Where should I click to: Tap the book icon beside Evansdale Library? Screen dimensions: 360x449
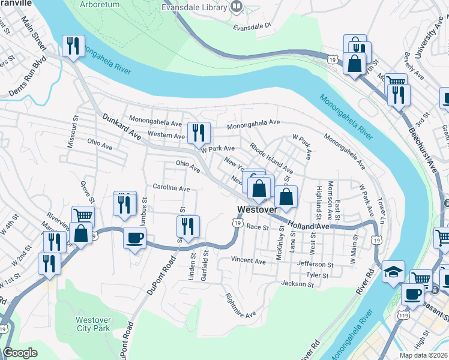pos(237,7)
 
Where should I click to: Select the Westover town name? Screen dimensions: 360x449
pos(257,210)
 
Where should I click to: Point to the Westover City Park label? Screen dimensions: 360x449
pos(92,323)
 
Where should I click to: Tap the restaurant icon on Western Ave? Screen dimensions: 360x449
pos(199,133)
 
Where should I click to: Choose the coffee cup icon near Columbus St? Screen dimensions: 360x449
pos(134,237)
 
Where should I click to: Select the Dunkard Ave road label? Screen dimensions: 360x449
pos(122,128)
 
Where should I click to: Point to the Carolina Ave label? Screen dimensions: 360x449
pos(171,188)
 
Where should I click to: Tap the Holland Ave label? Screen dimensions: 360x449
pos(308,226)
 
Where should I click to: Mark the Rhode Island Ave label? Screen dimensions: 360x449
pos(271,158)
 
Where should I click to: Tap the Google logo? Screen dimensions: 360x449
pos(20,352)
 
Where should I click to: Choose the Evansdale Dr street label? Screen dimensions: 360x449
pos(253,26)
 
